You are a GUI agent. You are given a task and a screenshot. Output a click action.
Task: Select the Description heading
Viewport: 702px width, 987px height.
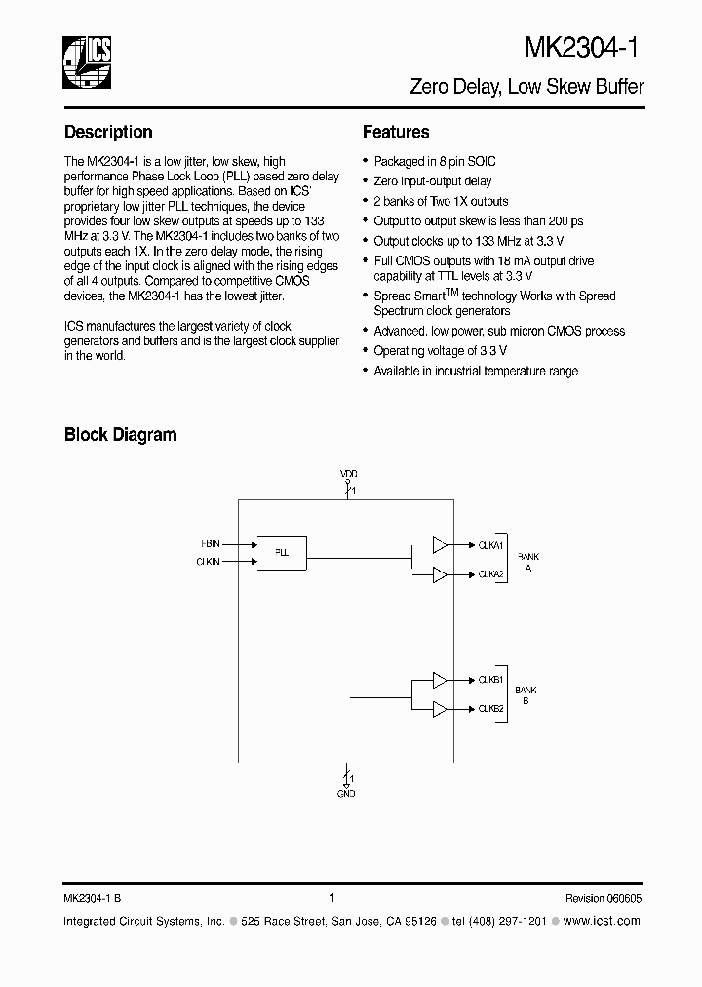click(108, 132)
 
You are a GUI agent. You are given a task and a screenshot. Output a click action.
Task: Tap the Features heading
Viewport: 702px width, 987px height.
click(396, 132)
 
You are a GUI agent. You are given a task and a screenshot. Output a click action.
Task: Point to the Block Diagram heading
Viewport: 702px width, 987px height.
click(120, 435)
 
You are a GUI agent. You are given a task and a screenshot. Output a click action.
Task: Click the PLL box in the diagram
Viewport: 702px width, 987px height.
click(282, 552)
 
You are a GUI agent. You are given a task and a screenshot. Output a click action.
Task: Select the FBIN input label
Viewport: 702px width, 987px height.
click(211, 543)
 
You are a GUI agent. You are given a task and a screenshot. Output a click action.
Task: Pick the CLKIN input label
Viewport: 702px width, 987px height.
click(209, 562)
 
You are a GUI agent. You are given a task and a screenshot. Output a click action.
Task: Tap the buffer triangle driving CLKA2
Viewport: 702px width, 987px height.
click(441, 573)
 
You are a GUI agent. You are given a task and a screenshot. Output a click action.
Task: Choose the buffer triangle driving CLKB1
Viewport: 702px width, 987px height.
click(441, 679)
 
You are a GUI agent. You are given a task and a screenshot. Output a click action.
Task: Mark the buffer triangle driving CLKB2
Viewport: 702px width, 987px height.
click(441, 708)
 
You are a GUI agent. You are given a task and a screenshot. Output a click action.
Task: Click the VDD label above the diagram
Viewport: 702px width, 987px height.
click(349, 473)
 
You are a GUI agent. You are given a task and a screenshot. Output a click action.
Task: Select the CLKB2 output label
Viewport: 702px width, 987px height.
click(490, 709)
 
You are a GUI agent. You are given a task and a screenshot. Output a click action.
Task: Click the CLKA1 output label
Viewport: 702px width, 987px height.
click(490, 545)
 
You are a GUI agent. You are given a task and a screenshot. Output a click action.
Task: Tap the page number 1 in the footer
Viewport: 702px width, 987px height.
click(331, 898)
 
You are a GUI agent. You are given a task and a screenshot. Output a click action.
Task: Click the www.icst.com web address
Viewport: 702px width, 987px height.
click(603, 921)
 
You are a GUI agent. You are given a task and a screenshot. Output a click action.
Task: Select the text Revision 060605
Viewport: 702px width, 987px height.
click(603, 899)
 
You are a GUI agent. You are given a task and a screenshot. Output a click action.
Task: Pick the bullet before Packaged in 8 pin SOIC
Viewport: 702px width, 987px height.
click(366, 162)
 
